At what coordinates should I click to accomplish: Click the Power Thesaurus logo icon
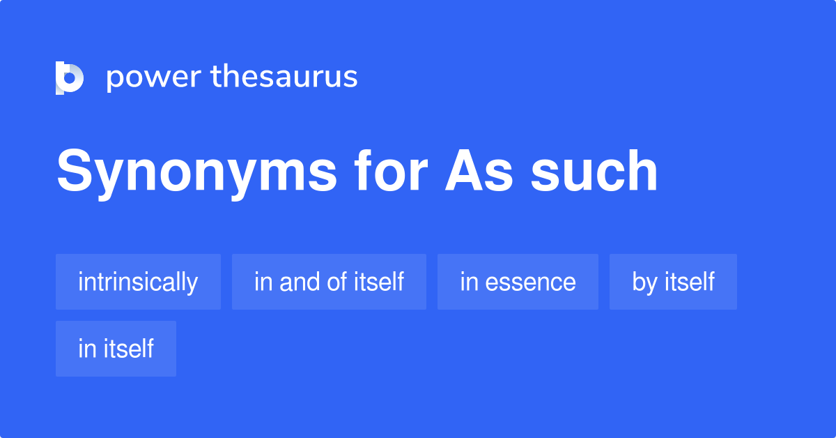[x=70, y=77]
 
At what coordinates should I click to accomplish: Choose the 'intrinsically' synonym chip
[x=138, y=282]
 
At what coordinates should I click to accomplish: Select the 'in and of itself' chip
[x=329, y=282]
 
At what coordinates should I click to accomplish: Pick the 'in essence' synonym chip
[x=518, y=282]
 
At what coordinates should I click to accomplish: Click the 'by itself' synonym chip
[x=673, y=282]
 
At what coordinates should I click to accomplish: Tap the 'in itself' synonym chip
[x=116, y=349]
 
